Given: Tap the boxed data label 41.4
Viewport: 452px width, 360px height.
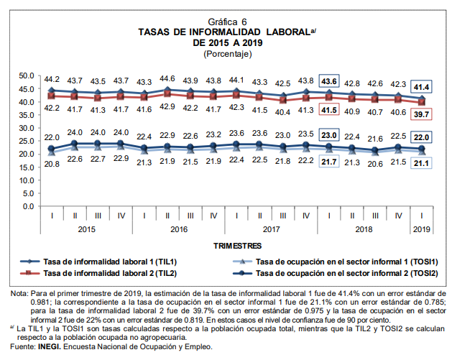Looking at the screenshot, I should (x=422, y=87).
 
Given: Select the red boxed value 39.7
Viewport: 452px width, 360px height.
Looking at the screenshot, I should (x=422, y=114).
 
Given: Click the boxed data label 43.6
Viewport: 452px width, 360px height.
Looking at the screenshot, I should (x=329, y=80).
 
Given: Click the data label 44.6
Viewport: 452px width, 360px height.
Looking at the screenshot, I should (x=167, y=79).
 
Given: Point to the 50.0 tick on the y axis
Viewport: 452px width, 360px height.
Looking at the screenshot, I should (x=27, y=75).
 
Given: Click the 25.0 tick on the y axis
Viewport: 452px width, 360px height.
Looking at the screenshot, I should (x=27, y=141).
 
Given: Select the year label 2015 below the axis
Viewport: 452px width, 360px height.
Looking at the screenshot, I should (x=86, y=229).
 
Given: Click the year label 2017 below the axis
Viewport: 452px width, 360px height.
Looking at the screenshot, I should (x=272, y=229).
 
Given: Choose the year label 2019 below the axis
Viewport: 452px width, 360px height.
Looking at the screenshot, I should (x=422, y=229).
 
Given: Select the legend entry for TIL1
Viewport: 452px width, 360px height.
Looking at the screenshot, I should (x=107, y=262).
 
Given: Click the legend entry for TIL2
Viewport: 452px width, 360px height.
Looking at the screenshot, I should (x=107, y=274).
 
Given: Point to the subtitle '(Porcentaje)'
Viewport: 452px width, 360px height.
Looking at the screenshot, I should (x=227, y=54).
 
